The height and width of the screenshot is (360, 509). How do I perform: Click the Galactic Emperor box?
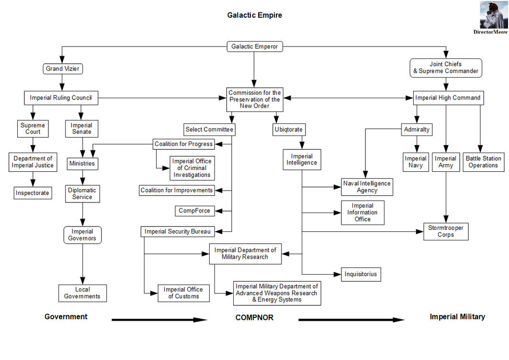click(255, 46)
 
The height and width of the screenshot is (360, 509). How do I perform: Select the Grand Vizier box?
click(63, 69)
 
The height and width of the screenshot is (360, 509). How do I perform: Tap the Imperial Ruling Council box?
click(61, 98)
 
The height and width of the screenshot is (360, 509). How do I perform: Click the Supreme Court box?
click(33, 129)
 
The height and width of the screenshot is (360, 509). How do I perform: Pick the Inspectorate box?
click(33, 193)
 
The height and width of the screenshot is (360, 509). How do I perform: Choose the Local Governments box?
click(82, 293)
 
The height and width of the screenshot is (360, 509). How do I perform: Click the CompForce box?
click(194, 211)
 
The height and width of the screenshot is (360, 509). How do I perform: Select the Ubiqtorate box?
click(289, 130)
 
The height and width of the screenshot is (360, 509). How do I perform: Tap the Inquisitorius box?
click(361, 274)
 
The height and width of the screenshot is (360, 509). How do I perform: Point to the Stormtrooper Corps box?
click(446, 231)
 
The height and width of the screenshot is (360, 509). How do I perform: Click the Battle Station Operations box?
click(483, 162)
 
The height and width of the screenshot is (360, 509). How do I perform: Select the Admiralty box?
click(417, 130)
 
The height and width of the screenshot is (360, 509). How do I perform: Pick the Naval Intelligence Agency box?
click(367, 187)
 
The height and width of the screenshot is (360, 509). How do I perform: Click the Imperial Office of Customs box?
click(183, 293)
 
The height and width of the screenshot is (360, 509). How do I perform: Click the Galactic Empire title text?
click(255, 15)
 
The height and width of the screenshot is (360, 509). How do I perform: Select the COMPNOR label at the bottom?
click(254, 317)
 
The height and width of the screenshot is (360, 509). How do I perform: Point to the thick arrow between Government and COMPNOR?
click(159, 320)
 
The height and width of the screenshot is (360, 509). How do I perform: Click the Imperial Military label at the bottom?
click(457, 317)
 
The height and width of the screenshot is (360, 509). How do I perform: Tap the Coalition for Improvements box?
click(177, 190)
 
